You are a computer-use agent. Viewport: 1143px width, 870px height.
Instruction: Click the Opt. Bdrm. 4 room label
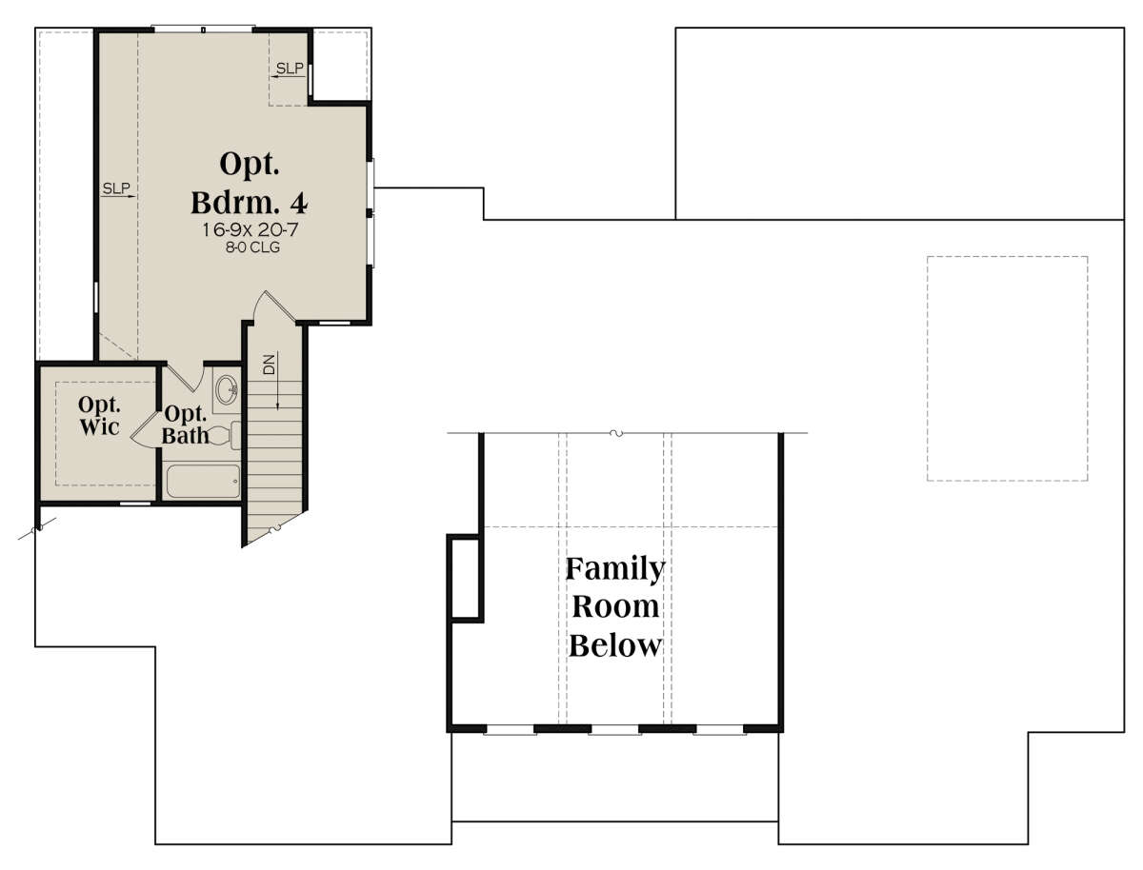point(250,183)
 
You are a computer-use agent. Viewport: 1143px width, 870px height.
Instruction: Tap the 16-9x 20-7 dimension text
point(250,229)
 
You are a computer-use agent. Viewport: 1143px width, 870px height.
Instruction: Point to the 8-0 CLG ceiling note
point(252,247)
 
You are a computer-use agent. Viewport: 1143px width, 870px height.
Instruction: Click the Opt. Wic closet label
point(99,415)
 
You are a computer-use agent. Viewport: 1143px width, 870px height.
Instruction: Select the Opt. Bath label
point(186,425)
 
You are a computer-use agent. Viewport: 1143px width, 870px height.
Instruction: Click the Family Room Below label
point(615,606)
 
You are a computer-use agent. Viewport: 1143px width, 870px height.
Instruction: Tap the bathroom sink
point(227,389)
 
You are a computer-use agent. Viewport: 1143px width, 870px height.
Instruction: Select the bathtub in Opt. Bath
point(203,482)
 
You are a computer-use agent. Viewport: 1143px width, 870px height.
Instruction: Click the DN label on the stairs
point(270,365)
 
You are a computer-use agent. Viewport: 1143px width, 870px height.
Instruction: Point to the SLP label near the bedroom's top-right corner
point(290,69)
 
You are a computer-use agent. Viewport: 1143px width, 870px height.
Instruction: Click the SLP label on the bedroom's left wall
point(116,188)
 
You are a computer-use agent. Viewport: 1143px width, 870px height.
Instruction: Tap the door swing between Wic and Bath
point(145,429)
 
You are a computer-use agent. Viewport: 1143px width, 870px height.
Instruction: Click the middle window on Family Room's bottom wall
point(614,729)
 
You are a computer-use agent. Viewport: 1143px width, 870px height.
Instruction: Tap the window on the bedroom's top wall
point(203,29)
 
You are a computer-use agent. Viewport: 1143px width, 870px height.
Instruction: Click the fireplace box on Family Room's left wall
point(465,578)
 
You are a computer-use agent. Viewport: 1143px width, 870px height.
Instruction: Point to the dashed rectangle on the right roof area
point(1007,368)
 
